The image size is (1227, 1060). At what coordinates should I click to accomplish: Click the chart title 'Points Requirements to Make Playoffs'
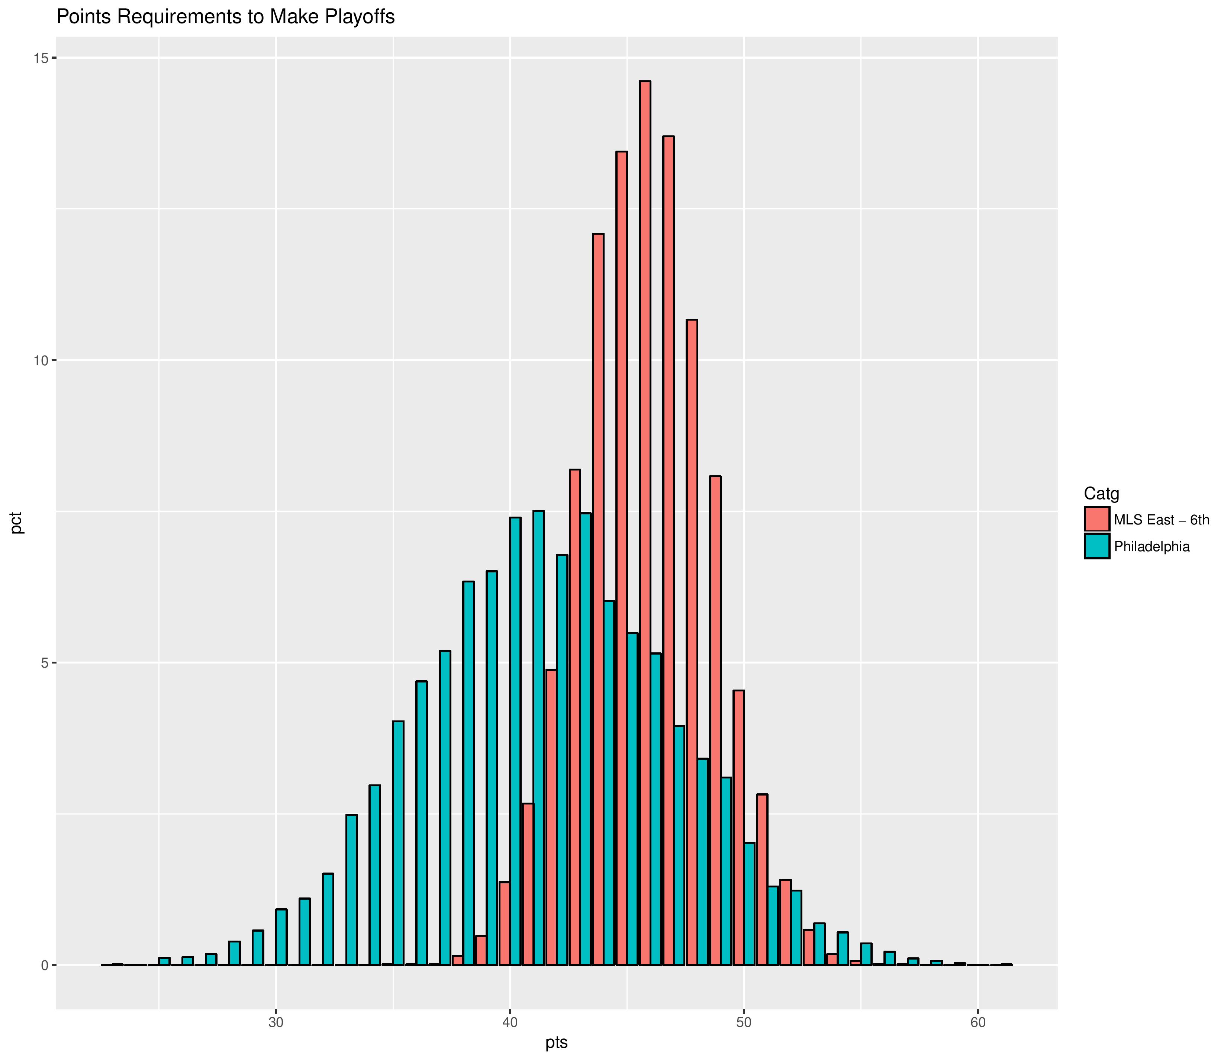[x=225, y=17]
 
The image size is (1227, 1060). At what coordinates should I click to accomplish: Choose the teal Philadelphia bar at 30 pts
[x=281, y=936]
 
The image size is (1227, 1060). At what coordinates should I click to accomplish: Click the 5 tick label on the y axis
[x=44, y=663]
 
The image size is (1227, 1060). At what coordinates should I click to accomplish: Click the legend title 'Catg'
[x=1101, y=494]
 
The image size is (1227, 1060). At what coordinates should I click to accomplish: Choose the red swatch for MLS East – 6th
[x=1097, y=519]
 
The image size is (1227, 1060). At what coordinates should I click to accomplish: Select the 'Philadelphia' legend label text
[x=1152, y=546]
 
